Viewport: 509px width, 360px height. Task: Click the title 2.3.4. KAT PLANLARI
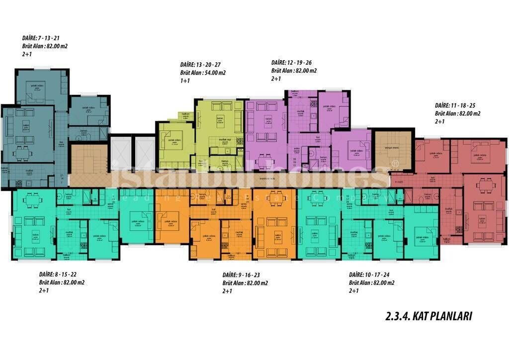pos(428,316)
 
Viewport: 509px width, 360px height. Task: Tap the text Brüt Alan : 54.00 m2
pos(203,73)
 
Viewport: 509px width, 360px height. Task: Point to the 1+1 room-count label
pos(185,81)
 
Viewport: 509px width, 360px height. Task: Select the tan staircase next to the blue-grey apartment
pos(88,158)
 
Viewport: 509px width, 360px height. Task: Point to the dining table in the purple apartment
pos(265,161)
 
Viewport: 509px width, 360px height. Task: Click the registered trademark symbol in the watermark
pos(395,163)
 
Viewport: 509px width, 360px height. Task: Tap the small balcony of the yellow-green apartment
pos(185,116)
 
